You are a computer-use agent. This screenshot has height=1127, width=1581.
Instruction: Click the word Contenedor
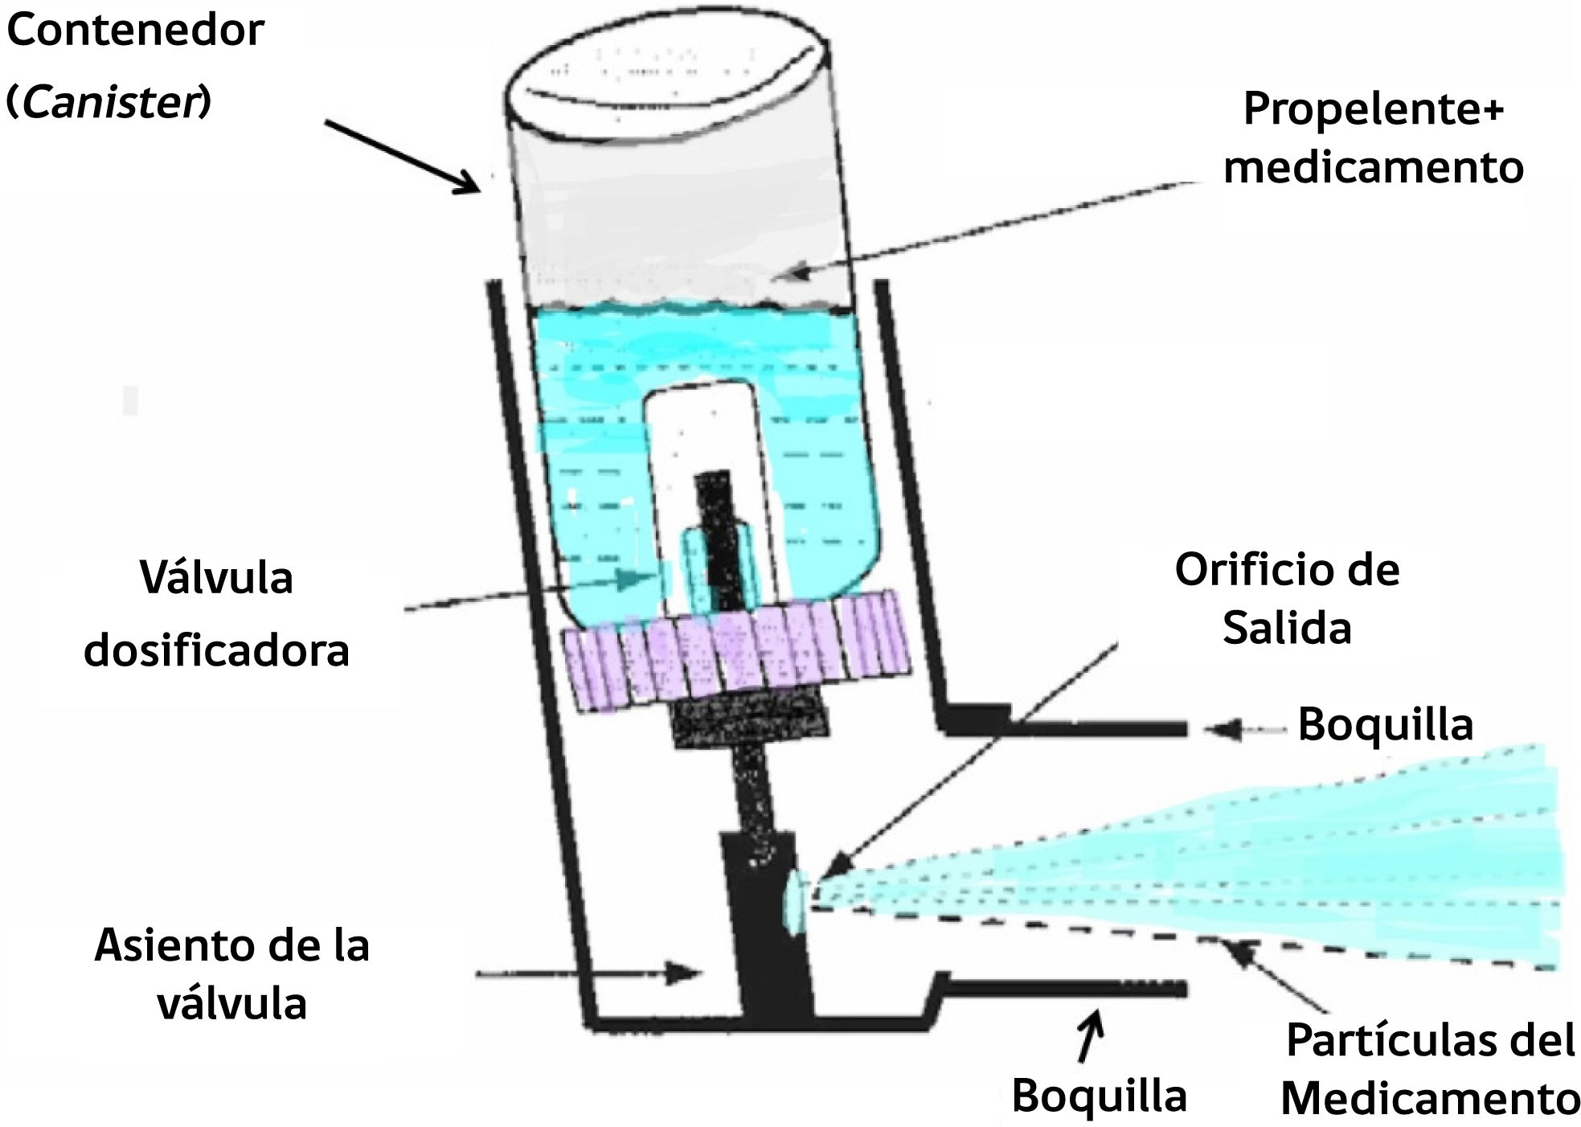coord(135,31)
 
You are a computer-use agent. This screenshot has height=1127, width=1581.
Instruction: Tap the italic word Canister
coord(110,102)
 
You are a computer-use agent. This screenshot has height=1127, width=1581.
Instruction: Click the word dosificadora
coord(216,650)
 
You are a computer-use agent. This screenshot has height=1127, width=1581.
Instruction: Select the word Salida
coord(1286,628)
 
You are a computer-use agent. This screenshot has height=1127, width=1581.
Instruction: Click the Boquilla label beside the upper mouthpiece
coord(1385,724)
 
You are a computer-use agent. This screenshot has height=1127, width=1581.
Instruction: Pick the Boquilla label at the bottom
coord(1099,1095)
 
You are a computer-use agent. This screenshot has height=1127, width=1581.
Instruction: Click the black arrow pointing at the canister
coord(402,156)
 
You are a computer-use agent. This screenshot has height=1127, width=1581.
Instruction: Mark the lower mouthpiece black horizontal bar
coord(1061,987)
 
